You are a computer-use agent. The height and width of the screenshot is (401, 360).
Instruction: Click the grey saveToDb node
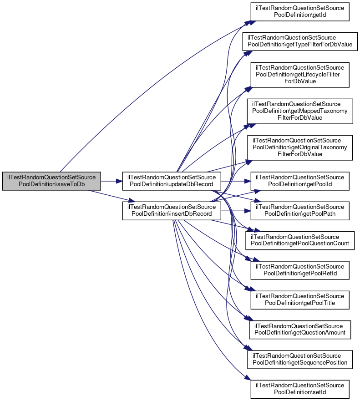click(51, 181)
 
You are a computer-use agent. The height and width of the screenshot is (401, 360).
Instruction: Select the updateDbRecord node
click(172, 181)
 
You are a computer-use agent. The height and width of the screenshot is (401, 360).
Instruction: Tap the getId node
click(300, 11)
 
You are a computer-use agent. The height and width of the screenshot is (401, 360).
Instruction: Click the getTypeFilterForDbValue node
click(300, 41)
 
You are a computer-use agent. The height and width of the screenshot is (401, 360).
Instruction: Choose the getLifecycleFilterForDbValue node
click(300, 75)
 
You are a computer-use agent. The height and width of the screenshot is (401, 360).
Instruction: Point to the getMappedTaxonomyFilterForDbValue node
click(300, 111)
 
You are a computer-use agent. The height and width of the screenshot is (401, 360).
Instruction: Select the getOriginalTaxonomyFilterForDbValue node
click(300, 147)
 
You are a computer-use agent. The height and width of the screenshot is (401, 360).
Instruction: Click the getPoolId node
click(300, 181)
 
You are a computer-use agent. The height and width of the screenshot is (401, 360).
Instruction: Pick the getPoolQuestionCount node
click(300, 240)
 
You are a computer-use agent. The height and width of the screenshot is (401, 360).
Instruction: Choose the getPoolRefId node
click(300, 270)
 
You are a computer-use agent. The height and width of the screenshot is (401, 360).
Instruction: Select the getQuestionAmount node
click(300, 330)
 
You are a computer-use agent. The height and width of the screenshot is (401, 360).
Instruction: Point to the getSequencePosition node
click(300, 360)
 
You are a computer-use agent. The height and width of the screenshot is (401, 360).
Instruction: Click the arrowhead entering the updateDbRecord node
click(120, 181)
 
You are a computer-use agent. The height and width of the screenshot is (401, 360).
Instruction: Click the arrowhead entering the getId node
click(248, 22)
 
